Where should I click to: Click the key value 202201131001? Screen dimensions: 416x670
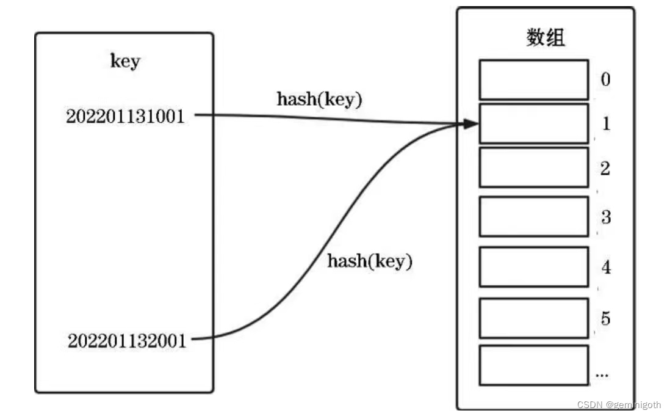[125, 116]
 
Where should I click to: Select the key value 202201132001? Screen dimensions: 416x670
[126, 340]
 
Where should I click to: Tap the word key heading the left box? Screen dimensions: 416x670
[124, 61]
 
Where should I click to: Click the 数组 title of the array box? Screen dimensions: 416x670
[546, 38]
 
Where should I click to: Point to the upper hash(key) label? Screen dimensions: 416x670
[319, 100]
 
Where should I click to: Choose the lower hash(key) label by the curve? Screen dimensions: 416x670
[370, 261]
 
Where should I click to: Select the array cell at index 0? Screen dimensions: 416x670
[533, 79]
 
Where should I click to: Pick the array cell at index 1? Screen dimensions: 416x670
[533, 123]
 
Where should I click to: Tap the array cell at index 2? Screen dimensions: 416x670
[533, 167]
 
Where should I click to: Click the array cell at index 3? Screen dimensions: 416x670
[533, 216]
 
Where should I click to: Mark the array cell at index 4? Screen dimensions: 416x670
[533, 266]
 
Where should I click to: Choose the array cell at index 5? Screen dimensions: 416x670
[533, 318]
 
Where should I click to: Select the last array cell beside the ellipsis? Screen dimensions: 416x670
[533, 365]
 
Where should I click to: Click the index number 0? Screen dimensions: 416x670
[605, 79]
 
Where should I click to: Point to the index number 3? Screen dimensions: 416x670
[605, 217]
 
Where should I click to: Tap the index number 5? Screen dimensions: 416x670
[605, 318]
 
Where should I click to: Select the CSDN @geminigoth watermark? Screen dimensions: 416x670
[620, 405]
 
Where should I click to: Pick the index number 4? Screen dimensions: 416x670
[605, 267]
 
